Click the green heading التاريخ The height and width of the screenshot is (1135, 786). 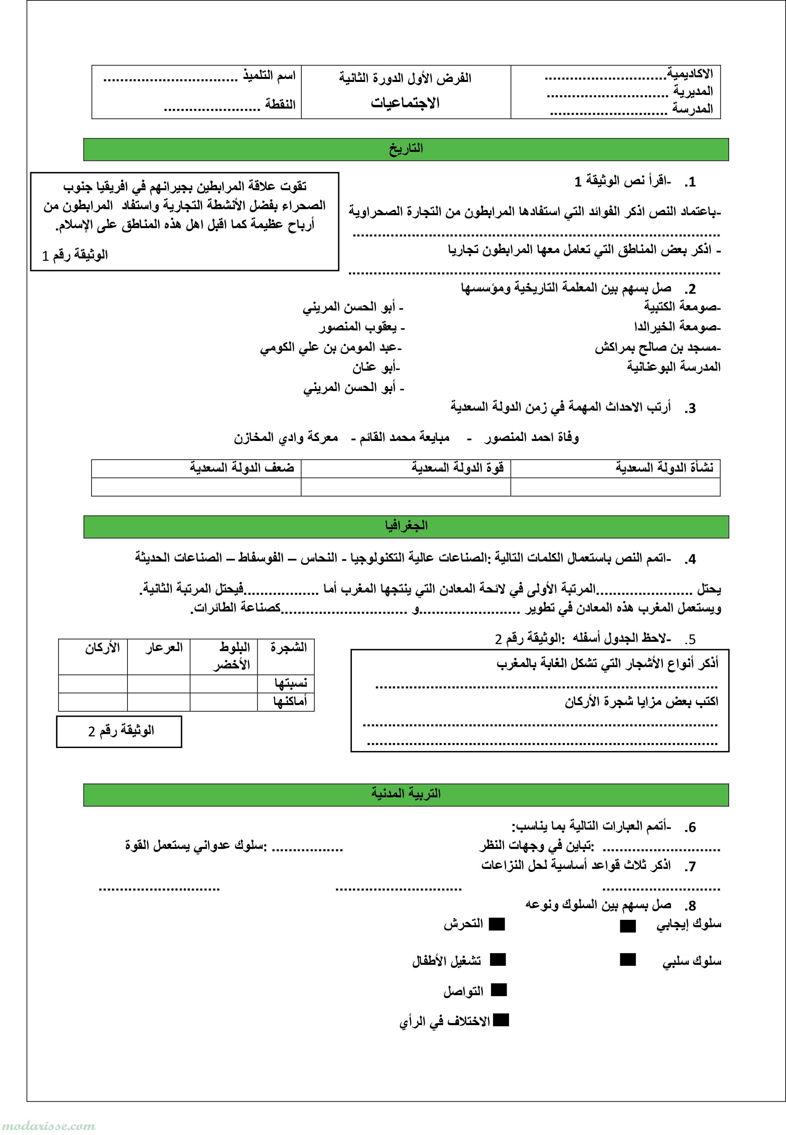click(x=406, y=149)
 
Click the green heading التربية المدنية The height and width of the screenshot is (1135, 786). click(x=406, y=794)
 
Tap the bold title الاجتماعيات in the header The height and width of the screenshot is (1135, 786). click(x=405, y=103)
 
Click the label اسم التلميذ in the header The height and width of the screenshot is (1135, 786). click(x=269, y=76)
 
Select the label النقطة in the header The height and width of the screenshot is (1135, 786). click(x=280, y=104)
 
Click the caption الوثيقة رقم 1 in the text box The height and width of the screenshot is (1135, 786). click(x=75, y=255)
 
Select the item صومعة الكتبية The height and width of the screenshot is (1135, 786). click(x=682, y=307)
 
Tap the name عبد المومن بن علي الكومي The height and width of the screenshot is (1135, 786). click(x=331, y=348)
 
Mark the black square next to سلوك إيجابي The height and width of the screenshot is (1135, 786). click(x=628, y=926)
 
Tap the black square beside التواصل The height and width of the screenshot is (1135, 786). click(x=499, y=990)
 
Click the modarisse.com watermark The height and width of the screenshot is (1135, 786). click(x=48, y=1126)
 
